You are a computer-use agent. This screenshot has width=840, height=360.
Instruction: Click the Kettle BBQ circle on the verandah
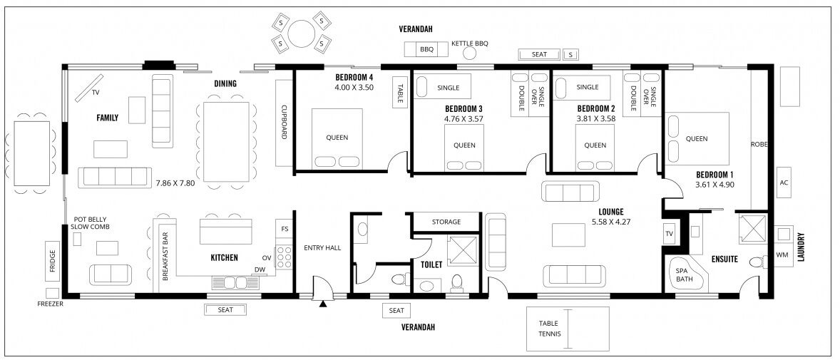pyautogui.click(x=470, y=53)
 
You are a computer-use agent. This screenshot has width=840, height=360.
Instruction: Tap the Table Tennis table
pyautogui.click(x=568, y=329)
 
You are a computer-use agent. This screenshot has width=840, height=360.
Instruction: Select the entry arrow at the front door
pyautogui.click(x=323, y=304)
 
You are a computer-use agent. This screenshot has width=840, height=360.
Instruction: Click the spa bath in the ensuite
pyautogui.click(x=688, y=274)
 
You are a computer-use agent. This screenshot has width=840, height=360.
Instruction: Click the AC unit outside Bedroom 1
pyautogui.click(x=784, y=182)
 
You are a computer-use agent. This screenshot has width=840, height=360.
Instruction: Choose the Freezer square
pyautogui.click(x=52, y=293)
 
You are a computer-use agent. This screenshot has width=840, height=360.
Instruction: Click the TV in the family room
pyautogui.click(x=89, y=87)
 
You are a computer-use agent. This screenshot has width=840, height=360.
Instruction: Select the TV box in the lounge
pyautogui.click(x=669, y=234)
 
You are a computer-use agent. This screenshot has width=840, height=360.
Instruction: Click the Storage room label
pyautogui.click(x=446, y=222)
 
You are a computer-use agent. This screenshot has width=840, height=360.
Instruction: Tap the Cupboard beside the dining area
pyautogui.click(x=284, y=123)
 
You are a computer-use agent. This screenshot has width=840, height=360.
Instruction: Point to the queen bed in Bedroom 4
pyautogui.click(x=337, y=139)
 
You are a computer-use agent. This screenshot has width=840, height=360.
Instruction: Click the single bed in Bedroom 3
pyautogui.click(x=443, y=87)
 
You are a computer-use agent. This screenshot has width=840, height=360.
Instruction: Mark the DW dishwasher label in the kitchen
pyautogui.click(x=260, y=269)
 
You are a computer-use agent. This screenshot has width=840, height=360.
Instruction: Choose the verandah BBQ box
pyautogui.click(x=426, y=49)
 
